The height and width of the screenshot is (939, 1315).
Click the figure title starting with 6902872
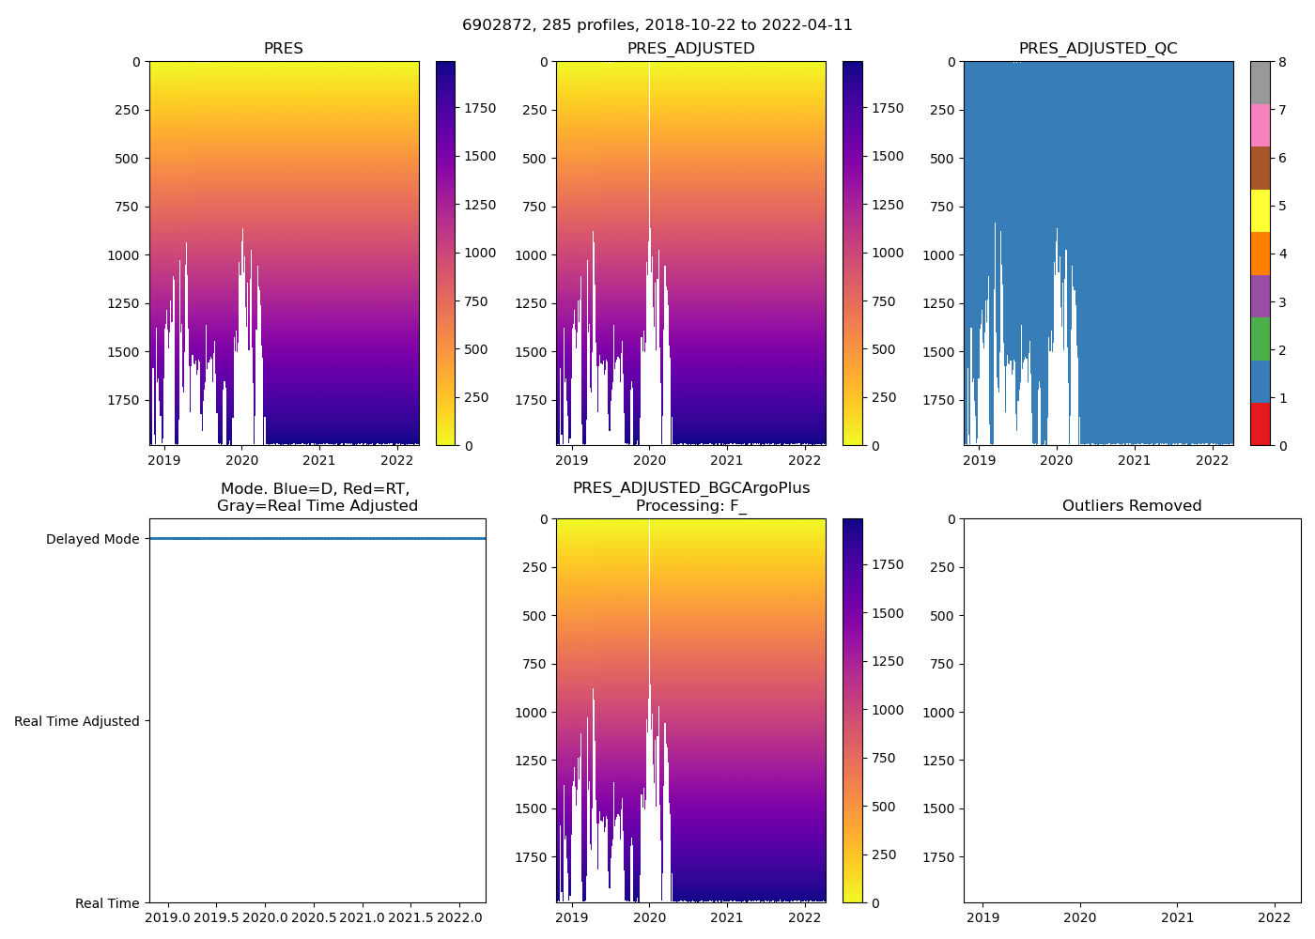click(x=657, y=25)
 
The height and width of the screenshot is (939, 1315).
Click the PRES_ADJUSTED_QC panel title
click(x=1098, y=49)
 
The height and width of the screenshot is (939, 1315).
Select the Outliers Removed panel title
click(x=1132, y=506)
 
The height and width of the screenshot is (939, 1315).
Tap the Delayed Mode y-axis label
click(x=92, y=539)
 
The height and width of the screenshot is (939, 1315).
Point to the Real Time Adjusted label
click(x=77, y=721)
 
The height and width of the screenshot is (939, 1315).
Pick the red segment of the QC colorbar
click(x=1260, y=424)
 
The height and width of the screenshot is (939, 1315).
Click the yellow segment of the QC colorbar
click(x=1260, y=210)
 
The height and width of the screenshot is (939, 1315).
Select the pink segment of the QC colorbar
click(x=1260, y=125)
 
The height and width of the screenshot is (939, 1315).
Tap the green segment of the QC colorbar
click(x=1260, y=339)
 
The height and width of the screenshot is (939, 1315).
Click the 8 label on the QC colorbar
click(x=1283, y=62)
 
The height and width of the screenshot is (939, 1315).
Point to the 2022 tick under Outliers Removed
click(x=1275, y=917)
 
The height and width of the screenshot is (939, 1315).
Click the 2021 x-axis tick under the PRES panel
click(x=319, y=460)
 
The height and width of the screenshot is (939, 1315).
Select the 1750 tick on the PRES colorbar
click(x=480, y=108)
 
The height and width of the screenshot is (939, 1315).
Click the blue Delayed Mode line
click(x=317, y=539)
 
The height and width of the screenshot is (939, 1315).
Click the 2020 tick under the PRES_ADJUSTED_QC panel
click(x=1057, y=460)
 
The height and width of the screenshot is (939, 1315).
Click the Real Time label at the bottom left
click(x=107, y=903)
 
